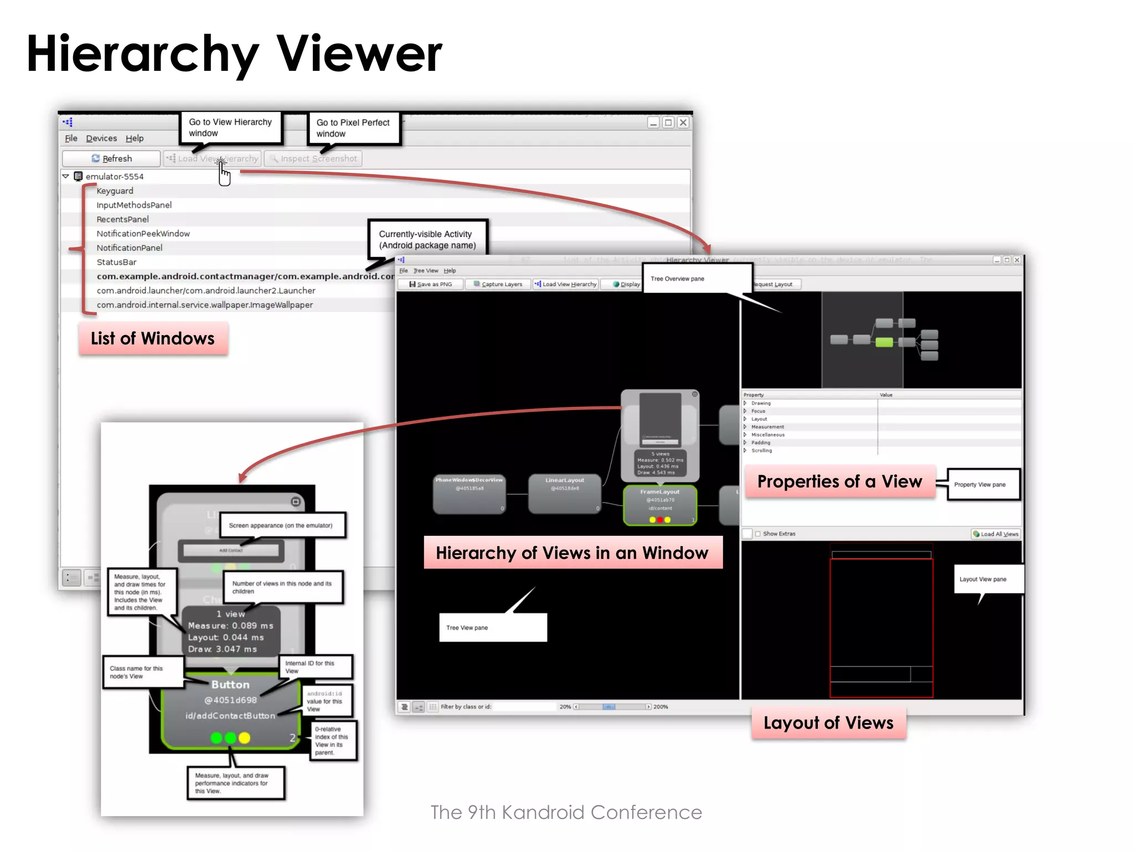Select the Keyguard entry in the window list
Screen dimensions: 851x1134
(115, 191)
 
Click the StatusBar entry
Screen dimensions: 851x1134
(116, 262)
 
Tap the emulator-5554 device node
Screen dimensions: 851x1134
(114, 176)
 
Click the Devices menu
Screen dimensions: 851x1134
(101, 138)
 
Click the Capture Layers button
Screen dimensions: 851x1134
(498, 284)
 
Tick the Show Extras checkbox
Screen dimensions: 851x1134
(758, 534)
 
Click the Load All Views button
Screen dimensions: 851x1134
(996, 534)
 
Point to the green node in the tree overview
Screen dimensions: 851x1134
(884, 342)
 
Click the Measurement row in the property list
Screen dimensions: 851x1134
(767, 427)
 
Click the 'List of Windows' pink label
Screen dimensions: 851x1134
(153, 339)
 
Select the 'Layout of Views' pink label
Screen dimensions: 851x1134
(828, 723)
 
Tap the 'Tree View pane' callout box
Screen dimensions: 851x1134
(492, 628)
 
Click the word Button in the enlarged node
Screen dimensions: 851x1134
(230, 685)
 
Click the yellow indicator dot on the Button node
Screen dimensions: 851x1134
(244, 738)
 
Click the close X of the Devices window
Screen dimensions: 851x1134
(683, 122)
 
